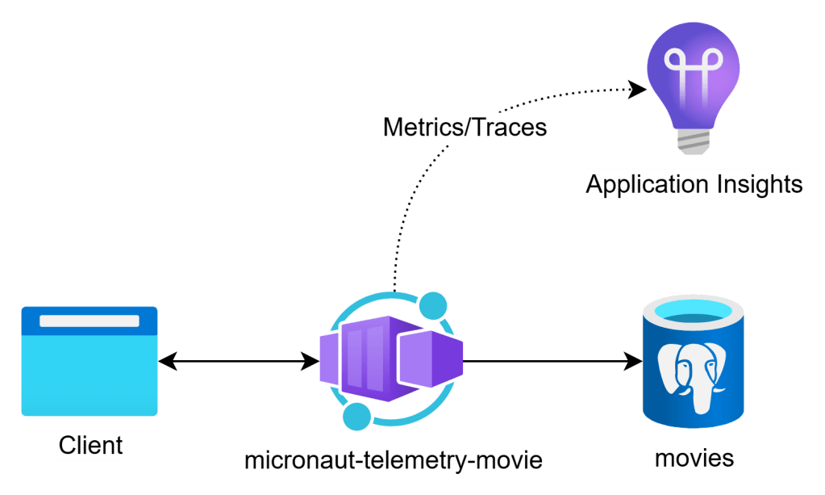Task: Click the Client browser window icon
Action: pos(90,361)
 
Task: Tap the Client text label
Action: pos(90,445)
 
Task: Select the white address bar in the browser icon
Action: pos(90,321)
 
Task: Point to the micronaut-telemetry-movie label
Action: pos(394,461)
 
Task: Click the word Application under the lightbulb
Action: pos(649,185)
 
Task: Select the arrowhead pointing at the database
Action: pos(631,361)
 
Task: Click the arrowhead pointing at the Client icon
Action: pos(167,361)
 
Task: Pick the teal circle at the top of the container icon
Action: pos(434,305)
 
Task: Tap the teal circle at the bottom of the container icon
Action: pos(356,417)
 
